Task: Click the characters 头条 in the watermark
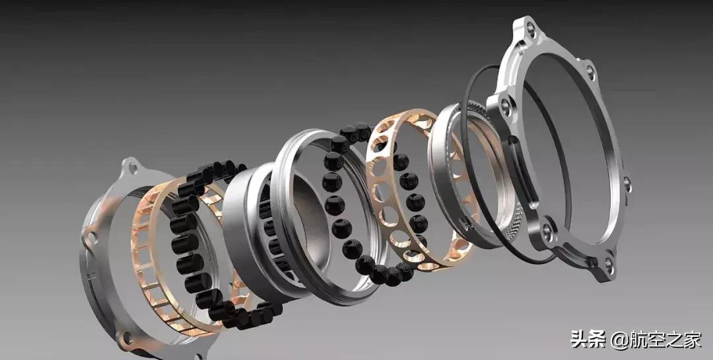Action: coord(588,340)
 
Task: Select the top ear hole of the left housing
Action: coord(133,168)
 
